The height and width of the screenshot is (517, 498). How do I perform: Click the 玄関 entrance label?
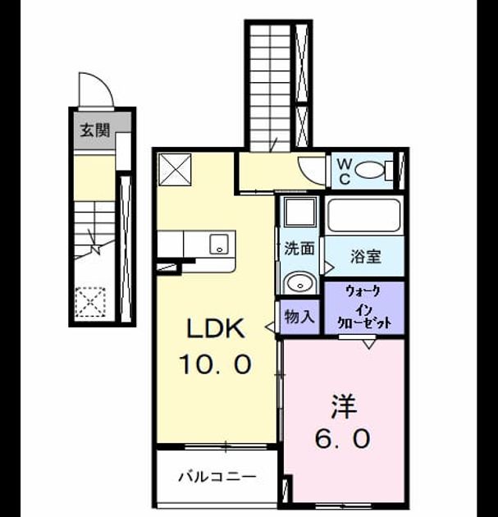[x=95, y=130]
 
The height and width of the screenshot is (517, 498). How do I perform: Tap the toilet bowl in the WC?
[x=370, y=171]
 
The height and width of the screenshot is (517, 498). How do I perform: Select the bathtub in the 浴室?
[x=364, y=215]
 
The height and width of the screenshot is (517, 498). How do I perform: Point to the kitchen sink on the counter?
[x=219, y=244]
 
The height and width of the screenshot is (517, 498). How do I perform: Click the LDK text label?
[x=216, y=328]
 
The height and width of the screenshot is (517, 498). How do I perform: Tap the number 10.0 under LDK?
[x=216, y=364]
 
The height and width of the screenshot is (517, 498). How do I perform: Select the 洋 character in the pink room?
[x=344, y=406]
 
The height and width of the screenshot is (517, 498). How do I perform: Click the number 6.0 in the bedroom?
[x=343, y=439]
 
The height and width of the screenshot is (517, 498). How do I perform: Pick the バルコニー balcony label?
[x=217, y=477]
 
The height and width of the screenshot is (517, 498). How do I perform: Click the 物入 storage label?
[x=299, y=317]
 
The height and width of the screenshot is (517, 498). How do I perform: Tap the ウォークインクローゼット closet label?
[x=365, y=308]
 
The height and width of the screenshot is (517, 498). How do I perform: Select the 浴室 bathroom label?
[x=366, y=256]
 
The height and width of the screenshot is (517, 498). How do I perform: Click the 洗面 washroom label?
[x=299, y=248]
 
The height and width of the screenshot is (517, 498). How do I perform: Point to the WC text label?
[x=344, y=171]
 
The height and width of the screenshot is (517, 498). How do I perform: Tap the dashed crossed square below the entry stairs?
[x=90, y=302]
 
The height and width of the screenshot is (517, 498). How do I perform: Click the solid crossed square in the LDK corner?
[x=175, y=170]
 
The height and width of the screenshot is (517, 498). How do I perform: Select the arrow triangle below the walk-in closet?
[x=369, y=345]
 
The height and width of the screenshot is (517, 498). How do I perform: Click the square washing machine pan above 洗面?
[x=299, y=212]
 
